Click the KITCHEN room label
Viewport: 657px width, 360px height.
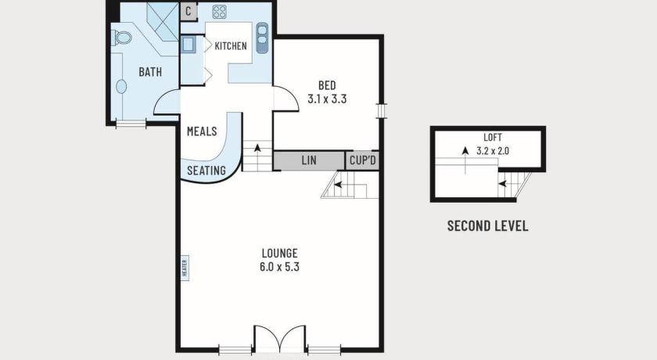pyautogui.click(x=231, y=45)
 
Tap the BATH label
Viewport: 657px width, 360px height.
pyautogui.click(x=150, y=72)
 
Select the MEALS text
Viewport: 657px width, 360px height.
pyautogui.click(x=202, y=131)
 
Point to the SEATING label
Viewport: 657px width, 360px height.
pyautogui.click(x=206, y=171)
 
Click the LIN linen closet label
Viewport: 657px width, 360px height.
pyautogui.click(x=309, y=160)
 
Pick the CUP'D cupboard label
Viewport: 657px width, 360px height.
pyautogui.click(x=363, y=160)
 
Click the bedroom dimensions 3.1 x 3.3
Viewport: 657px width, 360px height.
pyautogui.click(x=327, y=99)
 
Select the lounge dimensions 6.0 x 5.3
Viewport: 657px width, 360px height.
pyautogui.click(x=279, y=267)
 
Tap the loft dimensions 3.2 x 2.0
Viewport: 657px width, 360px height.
pyautogui.click(x=493, y=151)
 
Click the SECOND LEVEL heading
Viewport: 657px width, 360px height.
pyautogui.click(x=488, y=226)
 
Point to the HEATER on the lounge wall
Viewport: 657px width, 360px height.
pyautogui.click(x=185, y=268)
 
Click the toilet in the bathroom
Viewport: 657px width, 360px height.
pyautogui.click(x=121, y=38)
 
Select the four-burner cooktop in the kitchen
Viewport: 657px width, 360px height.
pyautogui.click(x=219, y=12)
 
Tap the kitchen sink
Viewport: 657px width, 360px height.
pyautogui.click(x=262, y=38)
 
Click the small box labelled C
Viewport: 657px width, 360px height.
pyautogui.click(x=188, y=11)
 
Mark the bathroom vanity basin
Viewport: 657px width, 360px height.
pyautogui.click(x=121, y=87)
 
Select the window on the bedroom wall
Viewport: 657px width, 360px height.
pyautogui.click(x=382, y=111)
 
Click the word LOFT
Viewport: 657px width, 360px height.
pyautogui.click(x=493, y=138)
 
